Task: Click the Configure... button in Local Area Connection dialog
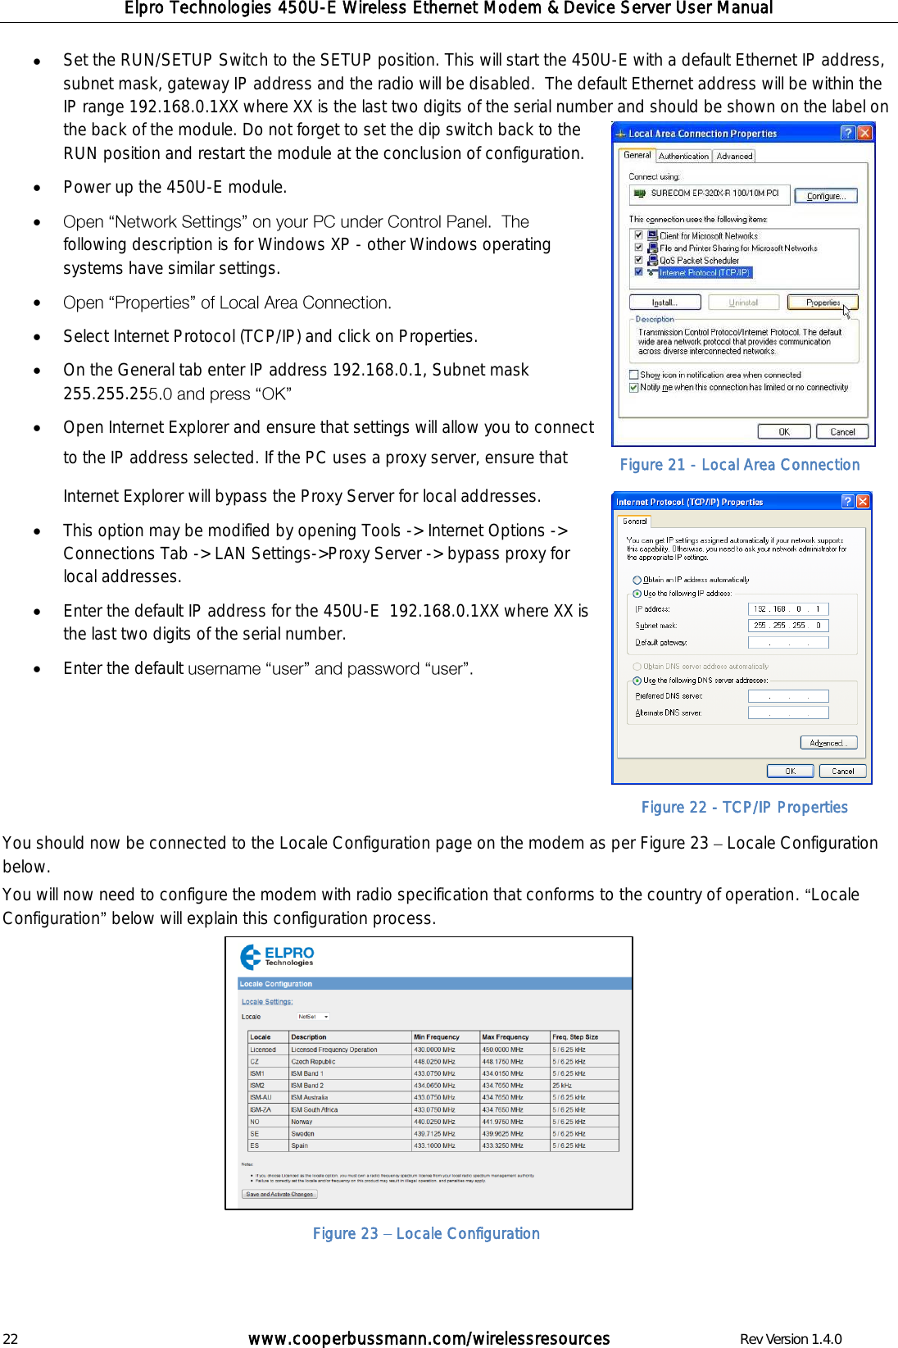pyautogui.click(x=825, y=196)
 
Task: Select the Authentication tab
pyautogui.click(x=683, y=156)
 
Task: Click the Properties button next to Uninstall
pyautogui.click(x=822, y=303)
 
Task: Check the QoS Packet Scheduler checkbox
pyautogui.click(x=638, y=259)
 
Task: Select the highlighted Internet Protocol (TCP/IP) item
pyautogui.click(x=704, y=272)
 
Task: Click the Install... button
pyautogui.click(x=664, y=303)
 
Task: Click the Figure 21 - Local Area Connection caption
pyautogui.click(x=739, y=465)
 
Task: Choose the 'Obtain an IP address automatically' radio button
pyautogui.click(x=637, y=580)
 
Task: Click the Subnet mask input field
pyautogui.click(x=787, y=626)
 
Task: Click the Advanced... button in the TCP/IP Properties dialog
pyautogui.click(x=828, y=743)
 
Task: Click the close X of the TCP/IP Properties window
pyautogui.click(x=863, y=501)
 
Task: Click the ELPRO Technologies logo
pyautogui.click(x=277, y=956)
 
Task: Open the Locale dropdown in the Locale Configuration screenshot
pyautogui.click(x=314, y=1017)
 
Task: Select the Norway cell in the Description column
pyautogui.click(x=302, y=1122)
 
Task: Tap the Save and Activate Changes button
pyautogui.click(x=279, y=1194)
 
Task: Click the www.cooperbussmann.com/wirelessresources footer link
pyautogui.click(x=429, y=1339)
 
